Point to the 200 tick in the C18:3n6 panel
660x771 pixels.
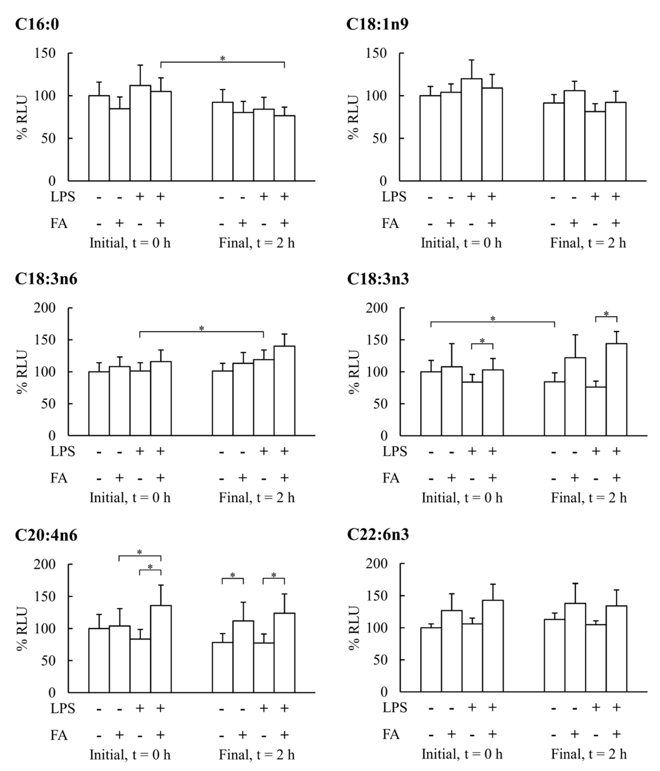click(45, 308)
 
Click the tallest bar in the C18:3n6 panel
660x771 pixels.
click(284, 391)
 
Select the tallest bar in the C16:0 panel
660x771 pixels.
click(140, 133)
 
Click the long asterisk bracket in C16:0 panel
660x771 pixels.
click(222, 63)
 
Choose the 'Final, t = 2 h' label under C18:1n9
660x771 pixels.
click(588, 243)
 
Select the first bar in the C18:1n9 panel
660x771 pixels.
click(430, 138)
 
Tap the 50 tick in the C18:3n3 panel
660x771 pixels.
click(380, 404)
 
